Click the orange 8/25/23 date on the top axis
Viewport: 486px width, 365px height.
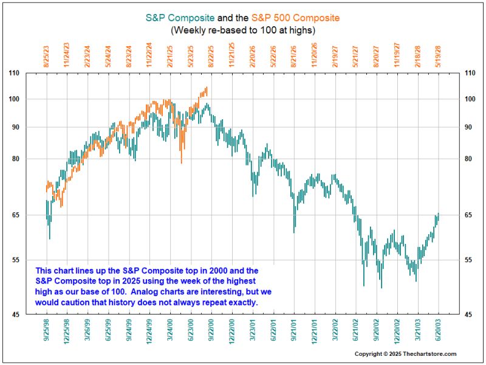click(46, 55)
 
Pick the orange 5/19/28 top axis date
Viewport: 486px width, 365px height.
click(438, 55)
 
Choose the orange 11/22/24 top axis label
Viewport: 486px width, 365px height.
click(149, 55)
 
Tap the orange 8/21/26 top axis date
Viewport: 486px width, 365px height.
click(293, 55)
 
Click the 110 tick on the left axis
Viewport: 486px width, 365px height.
click(31, 74)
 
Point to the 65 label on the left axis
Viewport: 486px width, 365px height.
click(32, 215)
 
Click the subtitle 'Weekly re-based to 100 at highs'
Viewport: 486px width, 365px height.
click(243, 29)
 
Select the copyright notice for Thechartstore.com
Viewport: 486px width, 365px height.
click(405, 354)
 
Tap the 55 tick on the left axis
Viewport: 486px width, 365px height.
click(32, 260)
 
